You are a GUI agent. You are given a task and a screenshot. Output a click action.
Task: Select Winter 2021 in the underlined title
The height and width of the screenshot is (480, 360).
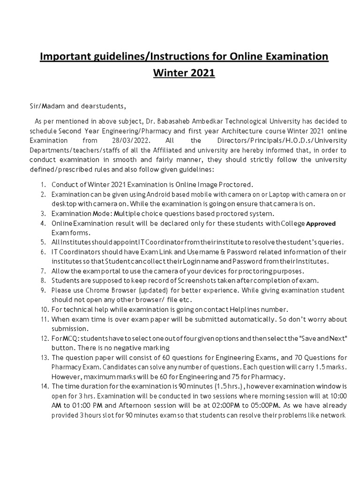(x=184, y=74)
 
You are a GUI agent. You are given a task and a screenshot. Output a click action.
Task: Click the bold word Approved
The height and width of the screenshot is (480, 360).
(x=321, y=224)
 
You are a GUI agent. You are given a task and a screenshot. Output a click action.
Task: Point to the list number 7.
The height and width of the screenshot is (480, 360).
(x=43, y=271)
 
